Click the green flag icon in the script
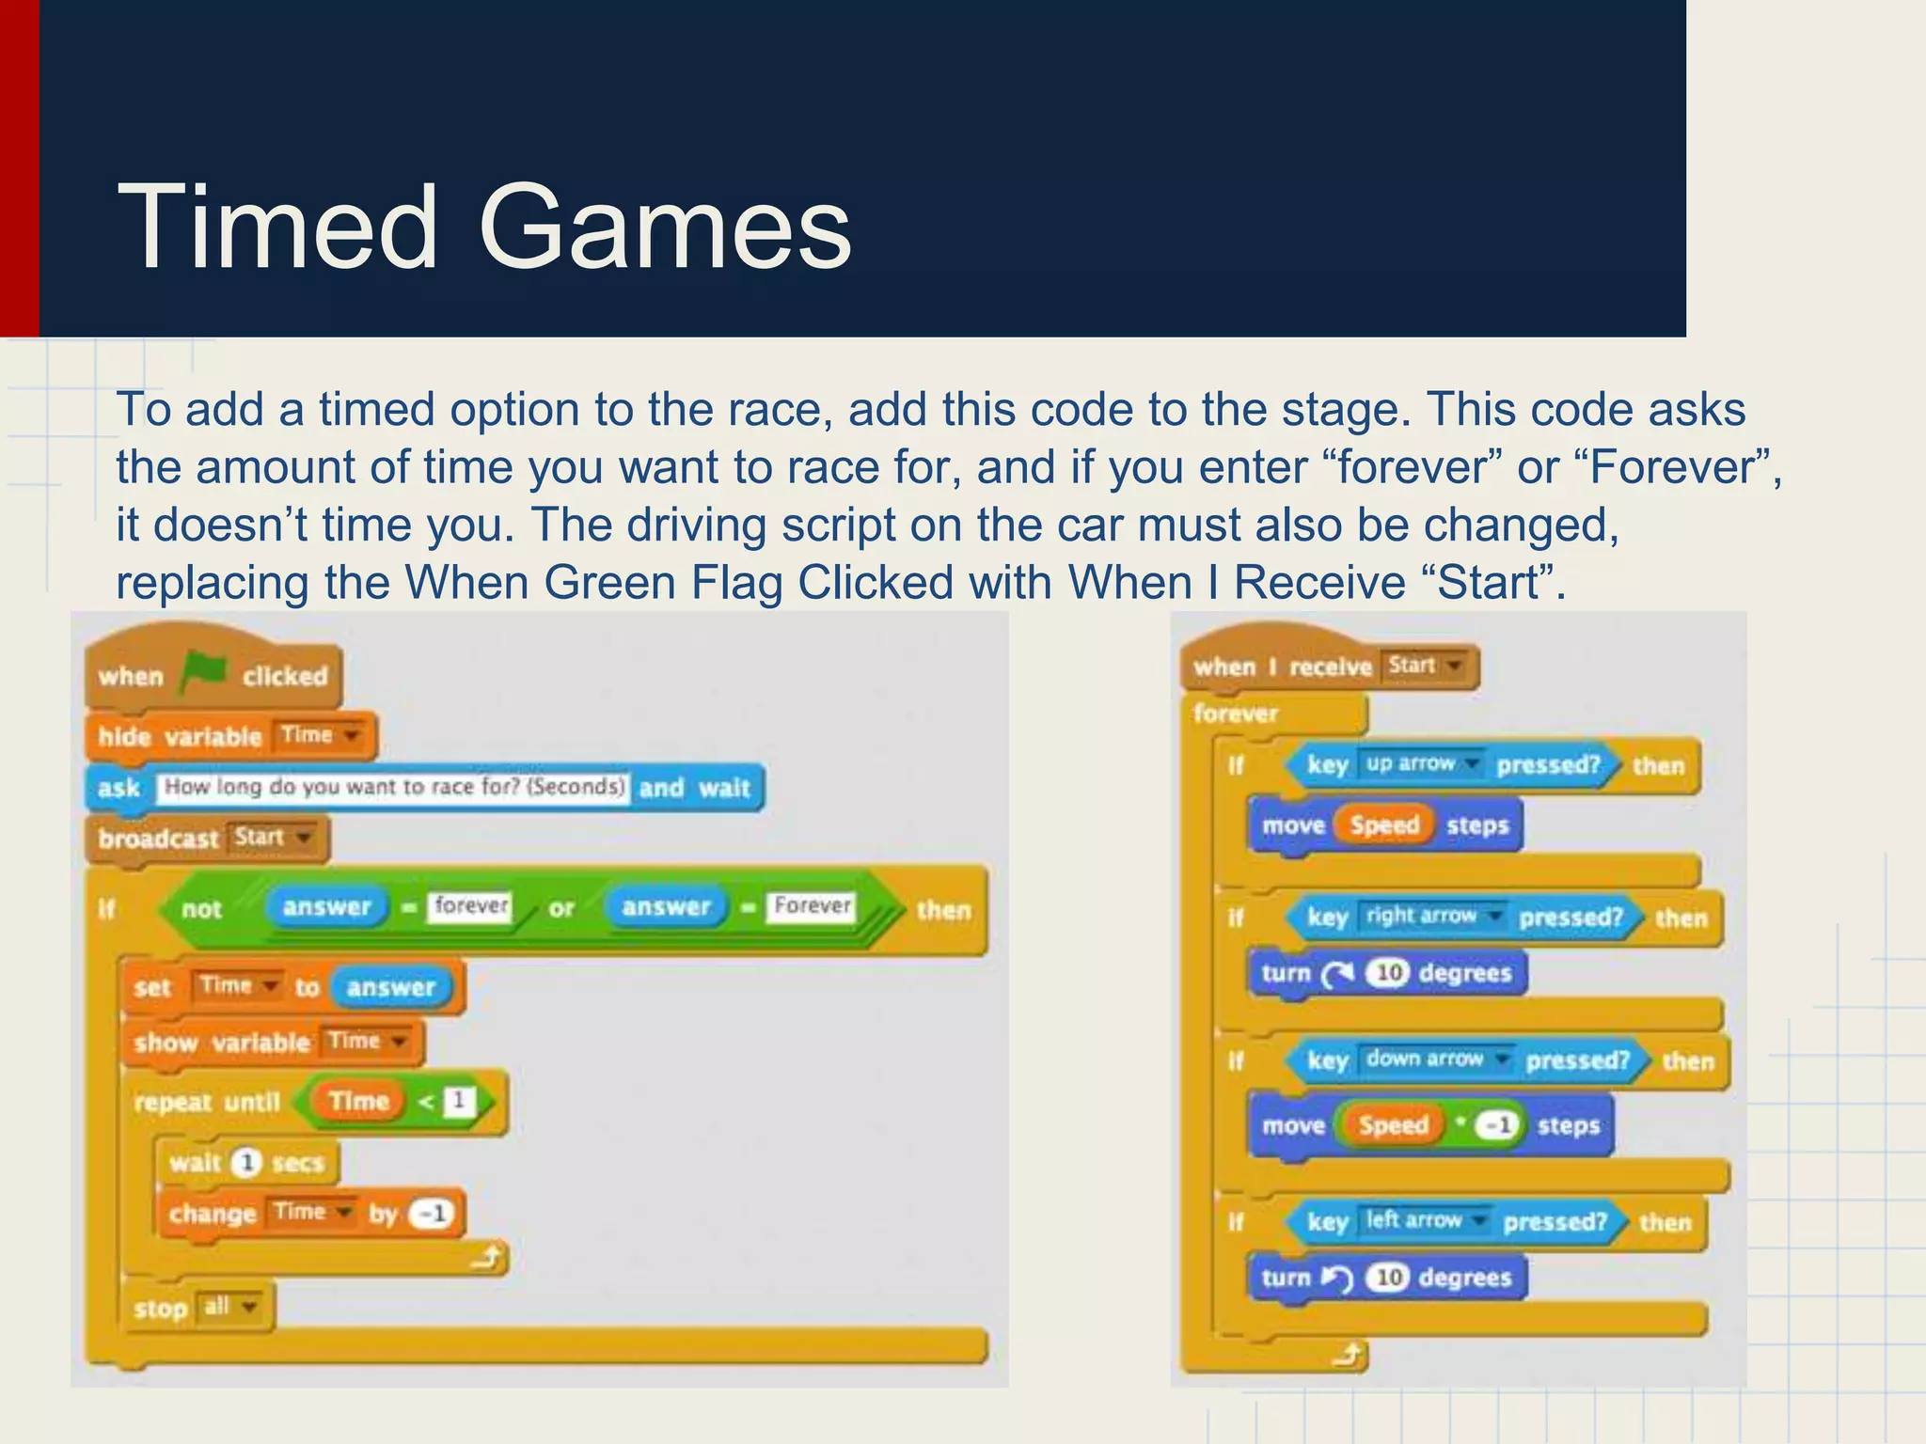pos(204,671)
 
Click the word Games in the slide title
pos(664,228)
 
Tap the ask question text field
pos(394,787)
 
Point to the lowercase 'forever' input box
pos(470,906)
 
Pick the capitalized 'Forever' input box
pos(812,906)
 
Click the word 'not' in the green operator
pos(201,909)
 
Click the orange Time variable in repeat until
pos(358,1101)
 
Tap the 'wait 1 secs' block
pos(246,1163)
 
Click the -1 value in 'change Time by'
pos(432,1214)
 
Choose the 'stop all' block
pos(197,1308)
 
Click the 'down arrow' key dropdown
pos(1435,1059)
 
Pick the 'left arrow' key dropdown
pos(1424,1220)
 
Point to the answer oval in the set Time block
pos(390,987)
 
